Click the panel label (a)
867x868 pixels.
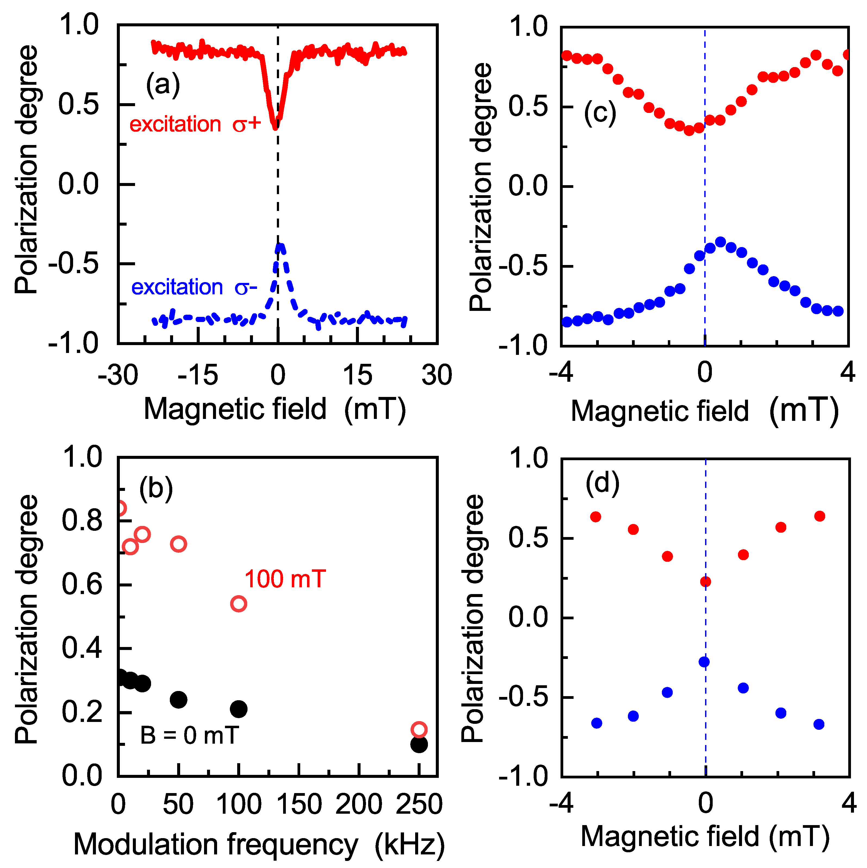pos(163,84)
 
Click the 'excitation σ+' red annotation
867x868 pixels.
pos(195,124)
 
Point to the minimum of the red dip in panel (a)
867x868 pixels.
pos(275,128)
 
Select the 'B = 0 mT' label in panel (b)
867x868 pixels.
pos(189,736)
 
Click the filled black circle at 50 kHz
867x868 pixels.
pos(179,699)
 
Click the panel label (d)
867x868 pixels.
pos(603,484)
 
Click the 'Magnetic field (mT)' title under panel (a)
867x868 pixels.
pos(275,409)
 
